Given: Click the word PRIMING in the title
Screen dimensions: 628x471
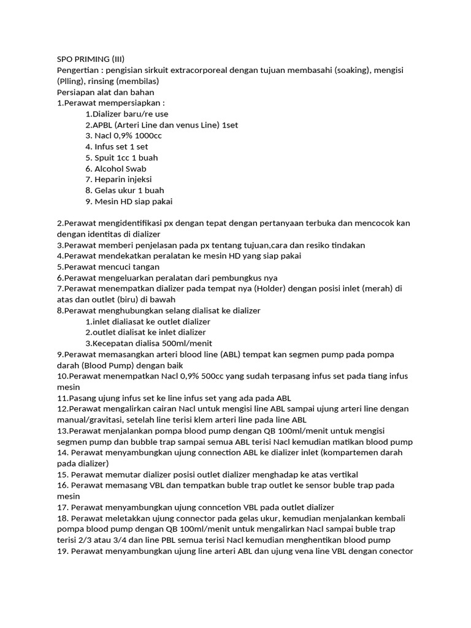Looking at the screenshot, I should point(92,59).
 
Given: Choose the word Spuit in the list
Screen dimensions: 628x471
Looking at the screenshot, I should point(105,158).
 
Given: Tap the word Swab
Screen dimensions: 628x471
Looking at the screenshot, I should point(136,169).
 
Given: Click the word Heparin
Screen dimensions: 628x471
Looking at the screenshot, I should point(109,179).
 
